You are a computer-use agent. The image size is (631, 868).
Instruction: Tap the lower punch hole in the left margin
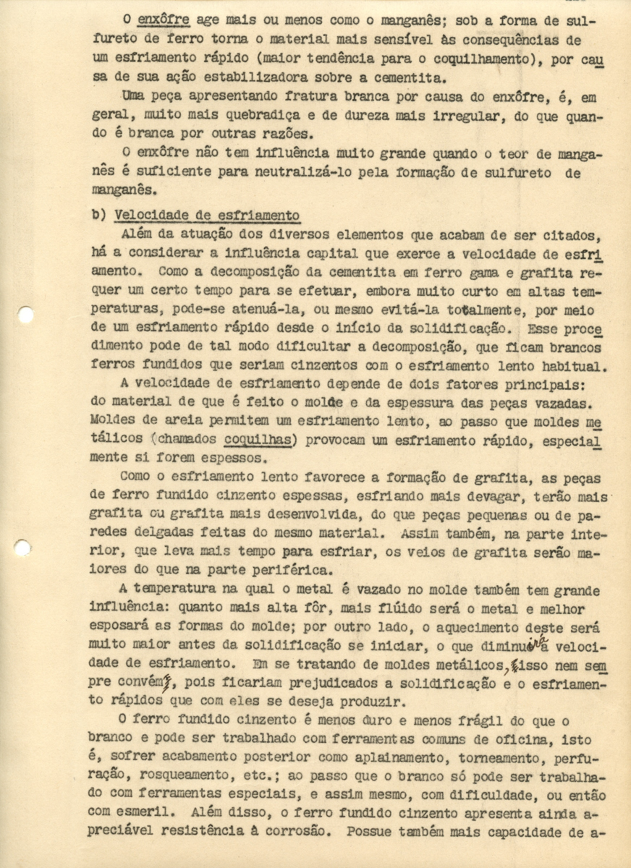[22, 548]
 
